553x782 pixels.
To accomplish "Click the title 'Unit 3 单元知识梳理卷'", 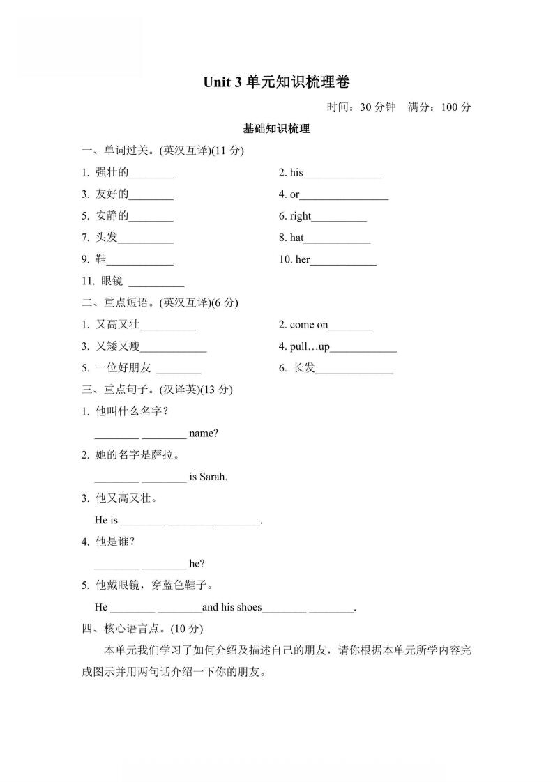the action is pyautogui.click(x=276, y=82).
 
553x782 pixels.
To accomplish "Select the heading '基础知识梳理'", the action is pyautogui.click(x=276, y=129).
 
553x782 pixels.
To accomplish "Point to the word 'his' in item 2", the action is pyautogui.click(x=296, y=173).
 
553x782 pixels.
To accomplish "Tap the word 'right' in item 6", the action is pyautogui.click(x=301, y=216).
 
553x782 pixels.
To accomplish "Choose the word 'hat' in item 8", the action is pyautogui.click(x=297, y=238).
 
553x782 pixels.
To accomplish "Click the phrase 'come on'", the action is pyautogui.click(x=308, y=325).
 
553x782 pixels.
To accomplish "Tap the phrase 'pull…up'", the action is pyautogui.click(x=310, y=346).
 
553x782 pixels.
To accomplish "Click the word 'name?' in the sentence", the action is pyautogui.click(x=204, y=434).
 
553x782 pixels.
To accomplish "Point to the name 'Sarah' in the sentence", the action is pyautogui.click(x=213, y=477).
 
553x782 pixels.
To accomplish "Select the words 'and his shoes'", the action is pyautogui.click(x=232, y=607).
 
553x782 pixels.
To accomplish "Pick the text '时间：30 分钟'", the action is pyautogui.click(x=361, y=107).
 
